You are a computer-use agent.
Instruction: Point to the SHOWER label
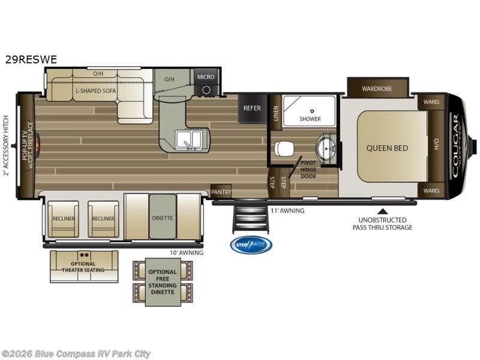tap(310, 119)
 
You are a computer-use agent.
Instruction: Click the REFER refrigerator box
tap(252, 109)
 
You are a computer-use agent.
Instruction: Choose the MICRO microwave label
tap(206, 77)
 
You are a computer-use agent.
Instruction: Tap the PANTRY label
tap(221, 192)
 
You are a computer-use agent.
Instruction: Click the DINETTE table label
tap(162, 218)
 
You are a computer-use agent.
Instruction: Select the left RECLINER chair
tap(63, 218)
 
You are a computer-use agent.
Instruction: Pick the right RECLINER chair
tap(103, 218)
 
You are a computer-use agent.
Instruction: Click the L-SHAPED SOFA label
tap(95, 91)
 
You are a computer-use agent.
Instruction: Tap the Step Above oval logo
tap(251, 245)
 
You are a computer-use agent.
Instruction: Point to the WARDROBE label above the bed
tap(377, 89)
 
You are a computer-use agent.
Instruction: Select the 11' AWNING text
tap(288, 211)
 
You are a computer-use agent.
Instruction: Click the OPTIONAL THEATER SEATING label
tap(84, 267)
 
